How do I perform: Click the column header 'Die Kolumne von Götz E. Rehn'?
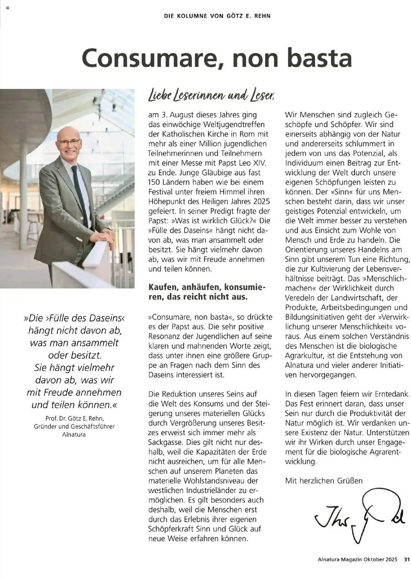(x=217, y=16)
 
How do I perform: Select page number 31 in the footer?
(x=407, y=559)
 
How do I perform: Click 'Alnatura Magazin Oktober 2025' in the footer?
(x=357, y=559)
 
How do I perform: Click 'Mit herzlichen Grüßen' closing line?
(x=324, y=481)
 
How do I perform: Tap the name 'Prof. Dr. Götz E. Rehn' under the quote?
(x=74, y=418)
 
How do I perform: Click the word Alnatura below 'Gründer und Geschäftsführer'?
(x=74, y=434)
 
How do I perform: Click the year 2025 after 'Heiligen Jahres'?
(x=261, y=201)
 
